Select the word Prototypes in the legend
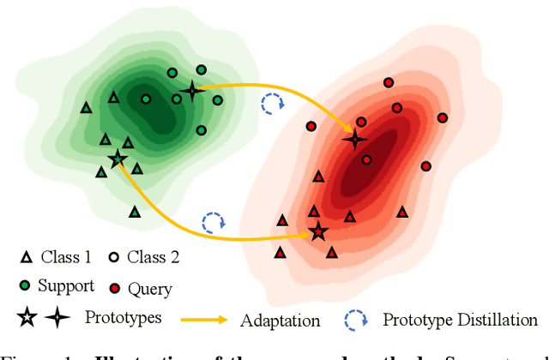pos(124,318)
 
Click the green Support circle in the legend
pos(27,285)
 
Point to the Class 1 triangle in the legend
pos(26,257)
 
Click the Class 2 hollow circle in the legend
pos(114,257)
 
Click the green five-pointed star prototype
pos(118,159)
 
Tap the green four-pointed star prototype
pos(191,90)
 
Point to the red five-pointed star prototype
pos(318,231)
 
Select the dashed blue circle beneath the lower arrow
pos(212,223)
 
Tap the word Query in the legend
pos(149,289)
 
